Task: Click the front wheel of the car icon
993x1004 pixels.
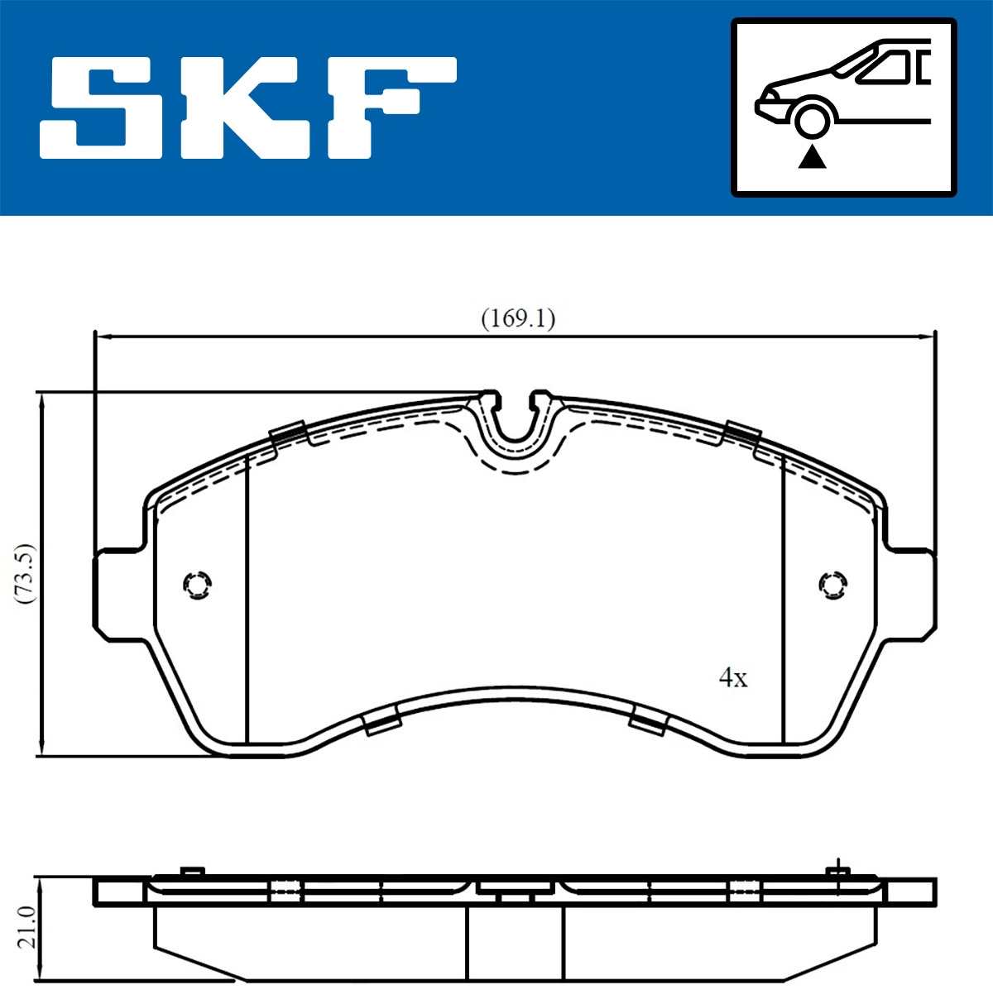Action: click(x=812, y=118)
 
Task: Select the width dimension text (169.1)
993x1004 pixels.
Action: click(x=518, y=318)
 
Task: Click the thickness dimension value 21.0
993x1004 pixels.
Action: click(x=25, y=926)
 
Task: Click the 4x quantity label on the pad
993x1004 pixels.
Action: click(x=733, y=678)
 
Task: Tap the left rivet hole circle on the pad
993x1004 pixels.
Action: click(x=197, y=585)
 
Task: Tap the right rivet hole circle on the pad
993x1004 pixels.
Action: click(x=832, y=584)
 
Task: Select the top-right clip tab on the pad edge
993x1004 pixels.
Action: click(x=742, y=431)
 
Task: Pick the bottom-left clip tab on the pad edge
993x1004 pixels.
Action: click(x=382, y=724)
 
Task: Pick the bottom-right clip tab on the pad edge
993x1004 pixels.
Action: click(x=649, y=722)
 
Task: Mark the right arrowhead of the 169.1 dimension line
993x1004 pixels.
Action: click(x=928, y=337)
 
